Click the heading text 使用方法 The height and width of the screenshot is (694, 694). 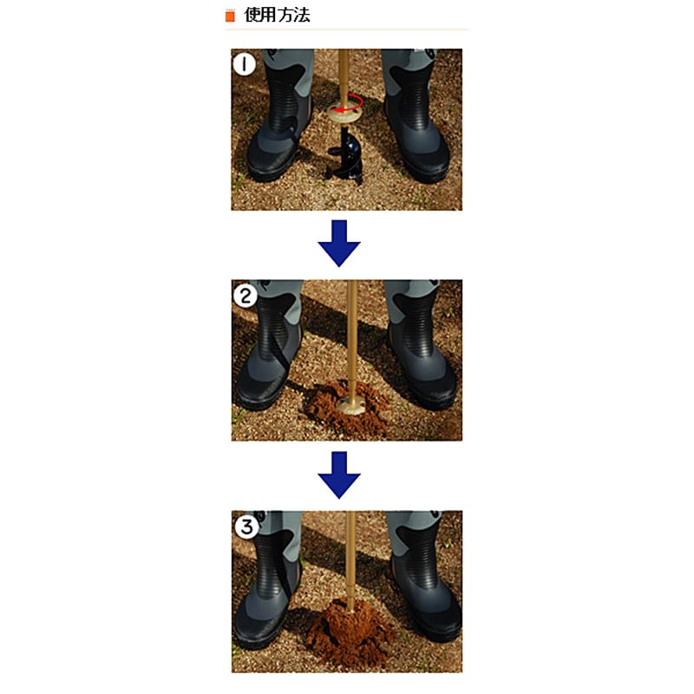(277, 15)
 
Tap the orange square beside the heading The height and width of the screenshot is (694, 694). (230, 16)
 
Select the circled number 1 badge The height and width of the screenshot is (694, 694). (244, 64)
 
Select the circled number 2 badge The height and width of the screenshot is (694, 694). (245, 296)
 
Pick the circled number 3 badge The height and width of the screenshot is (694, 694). (246, 527)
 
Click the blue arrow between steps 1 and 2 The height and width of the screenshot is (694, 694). (339, 244)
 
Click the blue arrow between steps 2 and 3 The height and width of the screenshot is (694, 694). (339, 475)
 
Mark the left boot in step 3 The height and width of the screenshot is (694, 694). (267, 579)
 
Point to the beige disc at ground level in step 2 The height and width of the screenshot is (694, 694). (350, 405)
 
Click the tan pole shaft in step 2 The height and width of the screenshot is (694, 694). (352, 341)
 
